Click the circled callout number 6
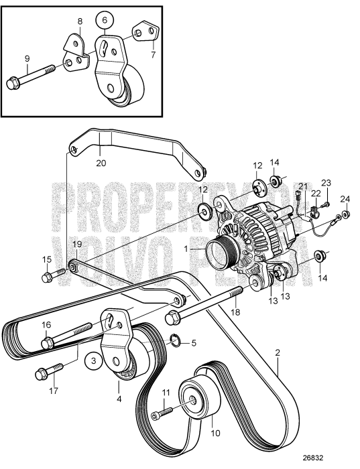(x=104, y=21)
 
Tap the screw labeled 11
(x=158, y=416)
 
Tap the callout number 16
(x=47, y=324)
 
